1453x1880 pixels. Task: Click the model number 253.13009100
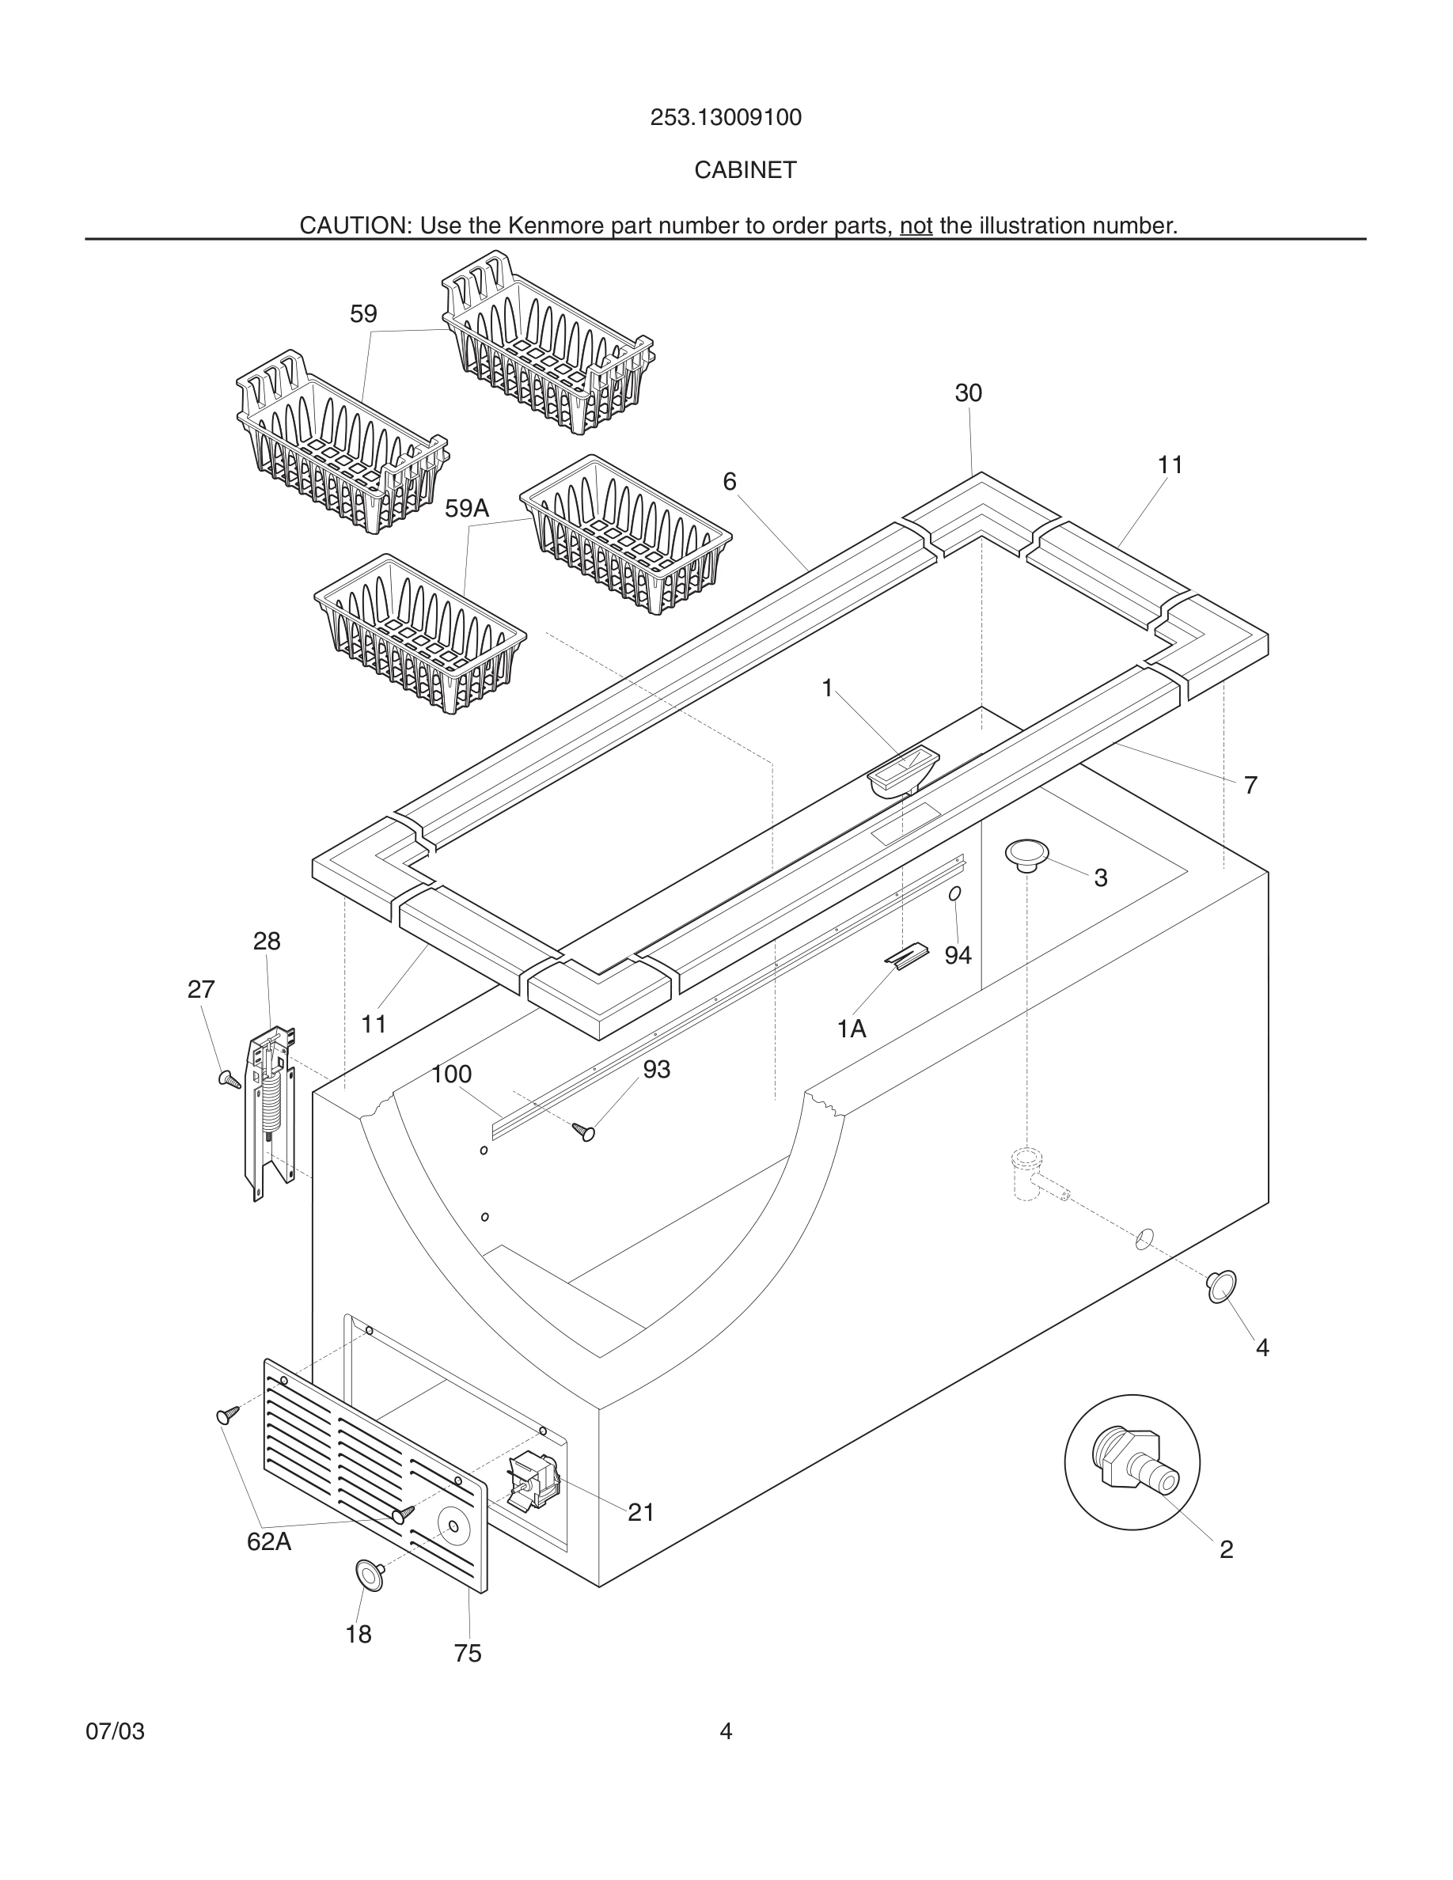tap(726, 117)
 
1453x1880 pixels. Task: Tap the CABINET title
tap(745, 170)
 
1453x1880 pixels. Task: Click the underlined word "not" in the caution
tap(916, 226)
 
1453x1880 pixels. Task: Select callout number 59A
tap(467, 509)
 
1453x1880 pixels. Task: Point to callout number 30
tap(969, 393)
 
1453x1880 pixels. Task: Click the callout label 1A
tap(852, 1029)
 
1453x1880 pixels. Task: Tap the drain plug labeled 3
tap(1027, 854)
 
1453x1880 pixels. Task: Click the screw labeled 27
tap(230, 1078)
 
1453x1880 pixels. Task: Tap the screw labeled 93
tap(585, 1132)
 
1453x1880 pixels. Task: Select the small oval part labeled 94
tap(954, 894)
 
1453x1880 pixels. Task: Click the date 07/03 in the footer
tap(115, 1731)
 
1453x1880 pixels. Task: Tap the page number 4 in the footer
tap(726, 1731)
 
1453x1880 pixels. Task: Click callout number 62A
tap(268, 1541)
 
